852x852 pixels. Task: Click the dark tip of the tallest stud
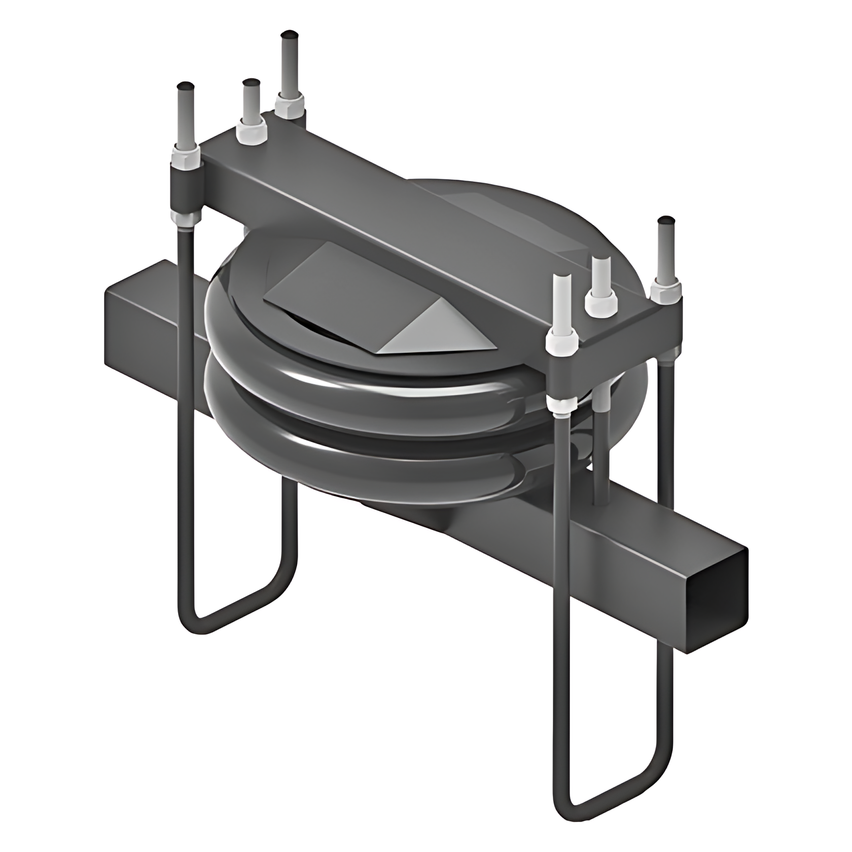pos(290,36)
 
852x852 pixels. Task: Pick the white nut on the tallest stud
pos(290,104)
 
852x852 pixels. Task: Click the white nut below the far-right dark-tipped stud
pos(665,292)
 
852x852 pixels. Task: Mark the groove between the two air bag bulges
pos(355,416)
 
